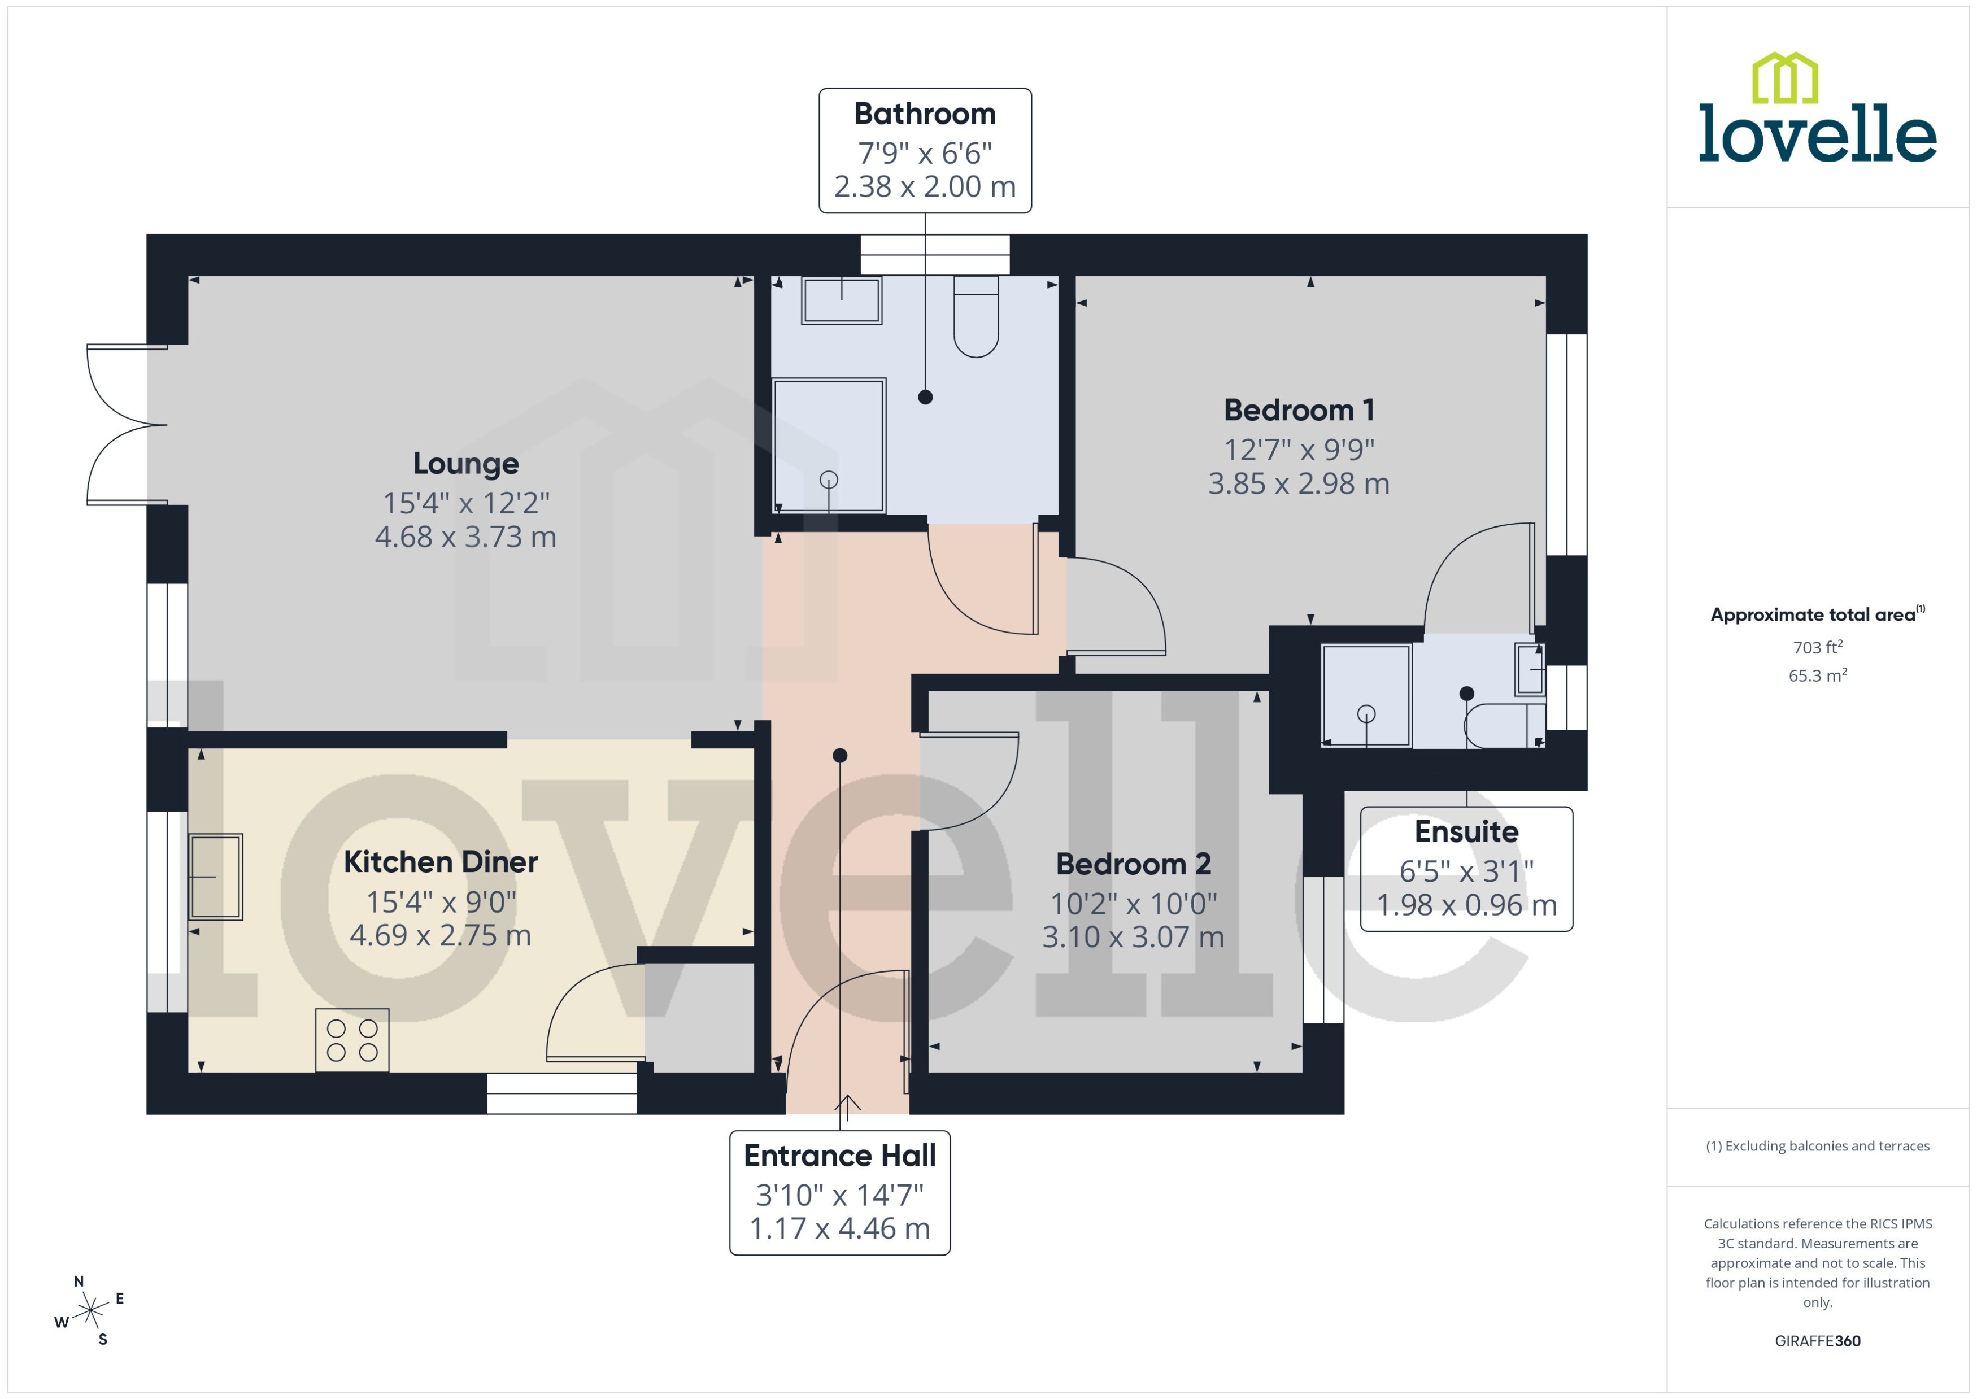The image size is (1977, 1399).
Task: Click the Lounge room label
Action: (x=465, y=464)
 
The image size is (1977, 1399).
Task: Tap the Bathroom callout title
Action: (x=924, y=114)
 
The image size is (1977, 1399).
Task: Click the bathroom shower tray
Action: (x=829, y=446)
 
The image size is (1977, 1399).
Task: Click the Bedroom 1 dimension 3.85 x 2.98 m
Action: (x=1298, y=484)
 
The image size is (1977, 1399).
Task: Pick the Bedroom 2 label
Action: (x=1133, y=864)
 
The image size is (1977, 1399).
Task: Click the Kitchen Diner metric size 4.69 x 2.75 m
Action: (x=440, y=935)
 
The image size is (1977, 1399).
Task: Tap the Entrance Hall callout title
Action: (x=839, y=1155)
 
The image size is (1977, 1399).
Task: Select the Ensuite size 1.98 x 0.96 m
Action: (x=1466, y=905)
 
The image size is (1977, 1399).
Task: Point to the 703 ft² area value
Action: (x=1817, y=647)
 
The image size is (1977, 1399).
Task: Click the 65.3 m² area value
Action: (x=1817, y=675)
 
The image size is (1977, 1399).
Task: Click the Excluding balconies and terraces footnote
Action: (x=1817, y=1146)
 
